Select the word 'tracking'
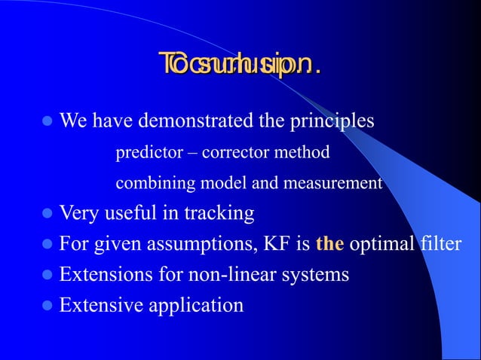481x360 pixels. pyautogui.click(x=217, y=214)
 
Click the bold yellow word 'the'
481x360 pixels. pyautogui.click(x=329, y=244)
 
